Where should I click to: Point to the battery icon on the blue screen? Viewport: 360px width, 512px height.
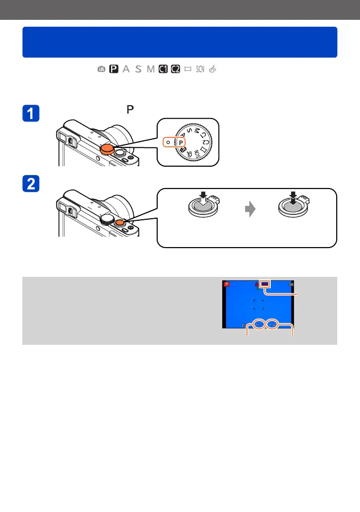(291, 284)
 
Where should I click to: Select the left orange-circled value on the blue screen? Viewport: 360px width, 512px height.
(258, 324)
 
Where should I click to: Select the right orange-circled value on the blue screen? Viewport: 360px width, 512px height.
(272, 324)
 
